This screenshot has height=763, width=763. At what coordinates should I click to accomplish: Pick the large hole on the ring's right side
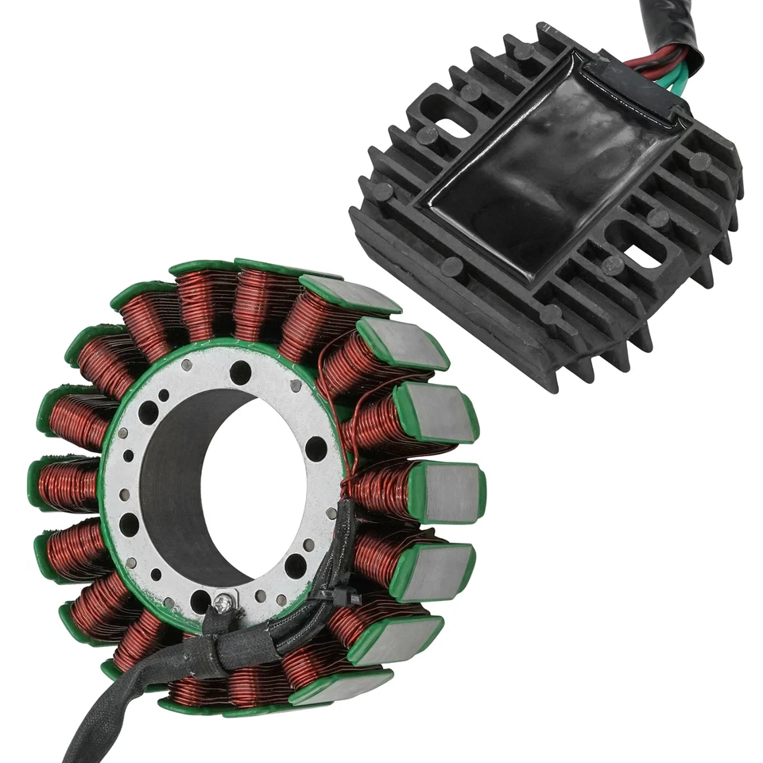coord(316,449)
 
